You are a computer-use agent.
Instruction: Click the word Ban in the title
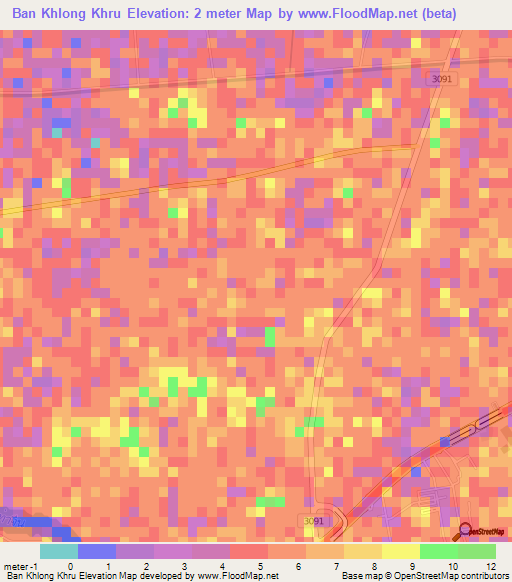pyautogui.click(x=29, y=14)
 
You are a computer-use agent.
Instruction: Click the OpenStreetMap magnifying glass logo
pyautogui.click(x=468, y=531)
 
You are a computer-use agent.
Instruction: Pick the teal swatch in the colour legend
pyautogui.click(x=58, y=551)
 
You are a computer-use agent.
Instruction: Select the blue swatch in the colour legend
pyautogui.click(x=96, y=551)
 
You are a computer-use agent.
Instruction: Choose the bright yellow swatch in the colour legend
pyautogui.click(x=400, y=551)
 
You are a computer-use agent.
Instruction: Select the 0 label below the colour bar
pyautogui.click(x=70, y=566)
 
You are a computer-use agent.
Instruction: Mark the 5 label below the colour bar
pyautogui.click(x=260, y=566)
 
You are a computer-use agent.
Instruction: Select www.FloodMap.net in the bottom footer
pyautogui.click(x=237, y=576)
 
